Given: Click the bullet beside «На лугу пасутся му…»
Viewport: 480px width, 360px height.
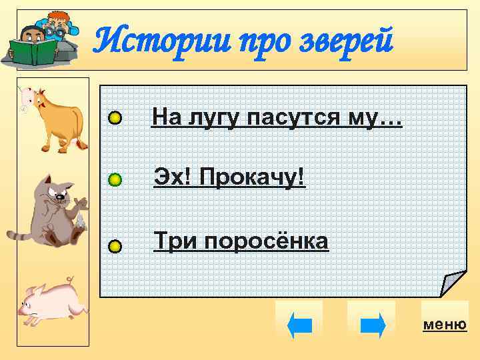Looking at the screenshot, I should (x=115, y=119).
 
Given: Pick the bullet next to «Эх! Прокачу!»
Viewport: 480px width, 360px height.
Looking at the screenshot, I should (x=115, y=179).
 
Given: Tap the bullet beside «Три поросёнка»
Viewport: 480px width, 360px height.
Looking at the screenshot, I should (x=115, y=247).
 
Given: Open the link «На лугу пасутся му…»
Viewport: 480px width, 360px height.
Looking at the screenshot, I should (x=277, y=118).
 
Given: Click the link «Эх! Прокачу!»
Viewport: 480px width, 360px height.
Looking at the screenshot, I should (x=229, y=177).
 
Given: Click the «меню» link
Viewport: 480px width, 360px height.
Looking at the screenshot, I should (x=445, y=325).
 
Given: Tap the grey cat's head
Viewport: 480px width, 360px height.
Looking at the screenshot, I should (x=57, y=191).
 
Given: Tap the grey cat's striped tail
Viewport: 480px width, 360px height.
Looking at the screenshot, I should (x=20, y=234).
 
